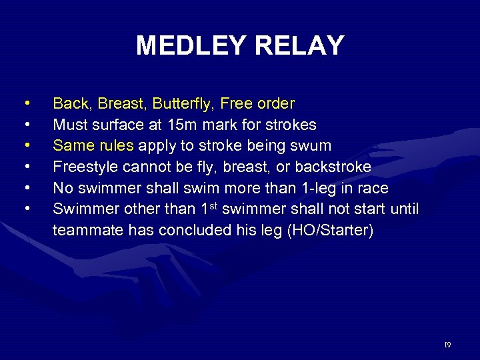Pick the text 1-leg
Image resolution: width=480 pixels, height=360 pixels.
click(314, 187)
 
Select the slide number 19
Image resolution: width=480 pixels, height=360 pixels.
click(447, 345)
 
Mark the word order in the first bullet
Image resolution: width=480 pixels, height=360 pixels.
click(276, 104)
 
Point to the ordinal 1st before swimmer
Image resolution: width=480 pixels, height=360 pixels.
click(211, 207)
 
